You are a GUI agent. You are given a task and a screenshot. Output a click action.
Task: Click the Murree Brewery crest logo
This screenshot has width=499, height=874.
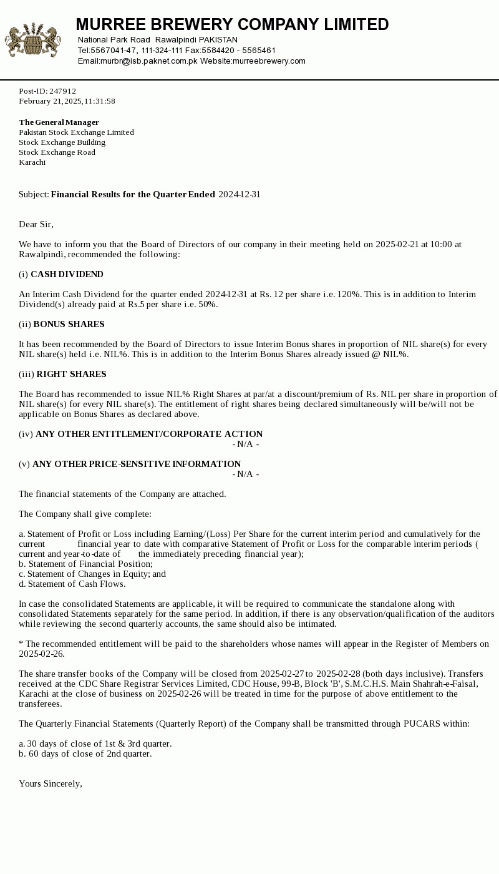33,40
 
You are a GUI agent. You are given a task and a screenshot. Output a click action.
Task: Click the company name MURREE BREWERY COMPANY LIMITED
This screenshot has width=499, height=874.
232,25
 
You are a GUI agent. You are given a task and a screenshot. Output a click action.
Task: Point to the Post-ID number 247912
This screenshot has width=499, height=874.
62,91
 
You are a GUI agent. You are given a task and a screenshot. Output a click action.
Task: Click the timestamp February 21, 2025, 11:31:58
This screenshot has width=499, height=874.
67,101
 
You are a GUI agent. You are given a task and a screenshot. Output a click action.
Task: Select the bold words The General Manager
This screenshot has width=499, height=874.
59,122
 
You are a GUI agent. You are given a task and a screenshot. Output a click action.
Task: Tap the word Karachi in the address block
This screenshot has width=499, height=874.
32,162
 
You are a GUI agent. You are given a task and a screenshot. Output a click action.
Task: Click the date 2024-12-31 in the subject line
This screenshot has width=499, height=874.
239,195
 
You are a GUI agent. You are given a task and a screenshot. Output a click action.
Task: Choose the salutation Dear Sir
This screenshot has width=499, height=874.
36,225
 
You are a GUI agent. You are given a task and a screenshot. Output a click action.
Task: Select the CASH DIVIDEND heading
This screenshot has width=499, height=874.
67,275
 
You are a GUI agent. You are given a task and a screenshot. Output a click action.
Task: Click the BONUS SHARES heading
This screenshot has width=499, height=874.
69,325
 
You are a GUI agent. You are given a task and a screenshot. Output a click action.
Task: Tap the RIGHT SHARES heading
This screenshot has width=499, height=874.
71,375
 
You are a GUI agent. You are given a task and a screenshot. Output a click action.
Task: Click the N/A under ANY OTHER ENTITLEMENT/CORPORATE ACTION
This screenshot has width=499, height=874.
246,444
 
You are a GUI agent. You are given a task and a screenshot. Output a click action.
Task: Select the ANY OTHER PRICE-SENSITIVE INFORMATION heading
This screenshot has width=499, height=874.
137,464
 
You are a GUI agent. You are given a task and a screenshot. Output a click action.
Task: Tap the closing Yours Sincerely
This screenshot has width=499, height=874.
50,784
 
